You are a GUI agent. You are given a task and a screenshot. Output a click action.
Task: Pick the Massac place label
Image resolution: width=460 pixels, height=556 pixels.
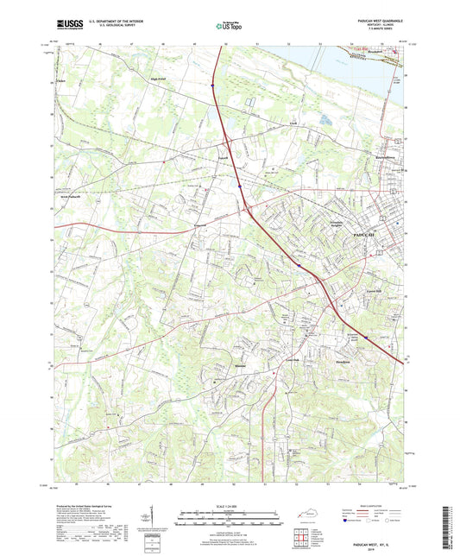[x=217, y=365]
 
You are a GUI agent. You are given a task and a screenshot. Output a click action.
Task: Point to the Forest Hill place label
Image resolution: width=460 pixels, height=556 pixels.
[x=362, y=294]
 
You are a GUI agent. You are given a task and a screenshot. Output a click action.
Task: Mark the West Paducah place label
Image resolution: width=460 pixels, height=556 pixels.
[x=76, y=197]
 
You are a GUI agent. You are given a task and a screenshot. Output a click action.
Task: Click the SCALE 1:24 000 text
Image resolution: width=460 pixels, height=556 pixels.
[x=228, y=505]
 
